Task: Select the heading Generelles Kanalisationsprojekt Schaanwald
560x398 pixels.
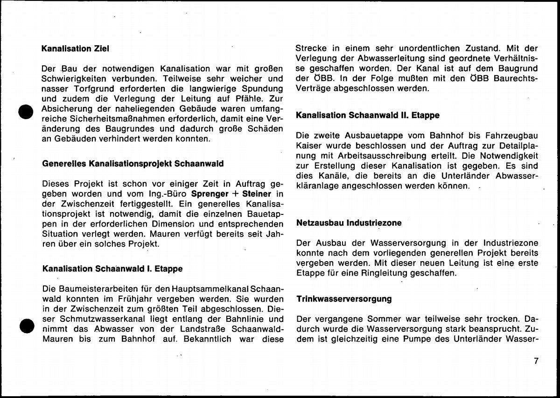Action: pyautogui.click(x=133, y=164)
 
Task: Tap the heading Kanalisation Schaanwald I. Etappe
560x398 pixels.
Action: pyautogui.click(x=112, y=269)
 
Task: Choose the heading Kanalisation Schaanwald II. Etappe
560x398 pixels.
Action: pyautogui.click(x=368, y=115)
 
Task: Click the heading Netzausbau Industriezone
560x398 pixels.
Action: pyautogui.click(x=349, y=223)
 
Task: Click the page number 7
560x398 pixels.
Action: pyautogui.click(x=536, y=361)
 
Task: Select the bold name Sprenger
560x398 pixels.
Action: pyautogui.click(x=210, y=193)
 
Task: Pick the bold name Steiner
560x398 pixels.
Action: pyautogui.click(x=257, y=193)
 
